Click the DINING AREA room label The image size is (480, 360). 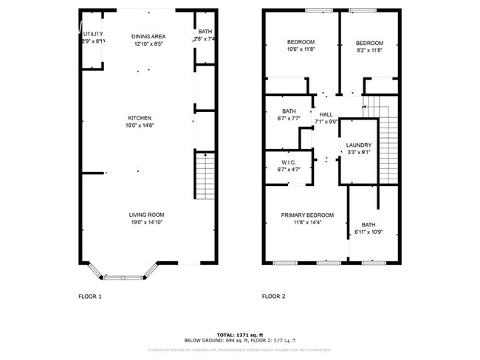[x=148, y=36]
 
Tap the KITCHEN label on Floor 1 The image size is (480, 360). [x=140, y=118]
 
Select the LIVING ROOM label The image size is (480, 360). [x=140, y=215]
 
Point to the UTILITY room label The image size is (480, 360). [x=93, y=35]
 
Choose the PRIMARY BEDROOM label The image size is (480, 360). [x=307, y=215]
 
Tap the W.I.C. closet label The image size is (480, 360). [x=289, y=162]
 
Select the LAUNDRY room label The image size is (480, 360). [x=359, y=145]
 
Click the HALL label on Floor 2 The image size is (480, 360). [x=326, y=114]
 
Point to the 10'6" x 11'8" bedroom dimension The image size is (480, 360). [x=301, y=49]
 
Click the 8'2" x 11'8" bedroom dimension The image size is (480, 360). [x=369, y=50]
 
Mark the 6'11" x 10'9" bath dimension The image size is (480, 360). [x=368, y=232]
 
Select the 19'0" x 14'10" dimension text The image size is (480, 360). [x=140, y=222]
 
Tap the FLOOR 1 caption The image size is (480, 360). [x=90, y=297]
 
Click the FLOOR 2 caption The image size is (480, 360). [x=273, y=297]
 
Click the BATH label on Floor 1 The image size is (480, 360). [x=205, y=32]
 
